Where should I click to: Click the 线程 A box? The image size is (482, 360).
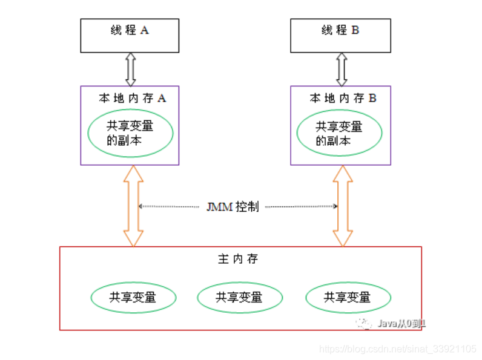130,35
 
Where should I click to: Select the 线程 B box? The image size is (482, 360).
340,35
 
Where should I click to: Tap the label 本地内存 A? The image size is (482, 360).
132,98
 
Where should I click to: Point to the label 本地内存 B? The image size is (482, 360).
343,98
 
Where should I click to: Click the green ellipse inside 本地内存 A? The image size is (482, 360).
131,133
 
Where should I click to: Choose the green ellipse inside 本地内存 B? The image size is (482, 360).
339,134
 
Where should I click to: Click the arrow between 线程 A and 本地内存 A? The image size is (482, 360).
130,69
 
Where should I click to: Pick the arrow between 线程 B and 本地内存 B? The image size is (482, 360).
342,69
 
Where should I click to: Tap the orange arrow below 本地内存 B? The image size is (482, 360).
343,206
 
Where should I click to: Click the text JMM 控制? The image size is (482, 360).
233,206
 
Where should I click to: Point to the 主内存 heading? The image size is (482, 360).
238,259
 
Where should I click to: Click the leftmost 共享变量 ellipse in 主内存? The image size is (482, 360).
133,297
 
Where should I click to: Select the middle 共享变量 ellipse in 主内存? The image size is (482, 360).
240,297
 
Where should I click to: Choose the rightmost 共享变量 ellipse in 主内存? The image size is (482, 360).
348,297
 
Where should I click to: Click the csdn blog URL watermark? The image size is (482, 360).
398,349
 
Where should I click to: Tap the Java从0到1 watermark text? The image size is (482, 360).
401,323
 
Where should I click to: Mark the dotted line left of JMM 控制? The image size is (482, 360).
169,206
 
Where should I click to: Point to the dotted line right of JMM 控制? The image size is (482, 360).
301,206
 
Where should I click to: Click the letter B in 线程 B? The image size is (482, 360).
355,30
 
